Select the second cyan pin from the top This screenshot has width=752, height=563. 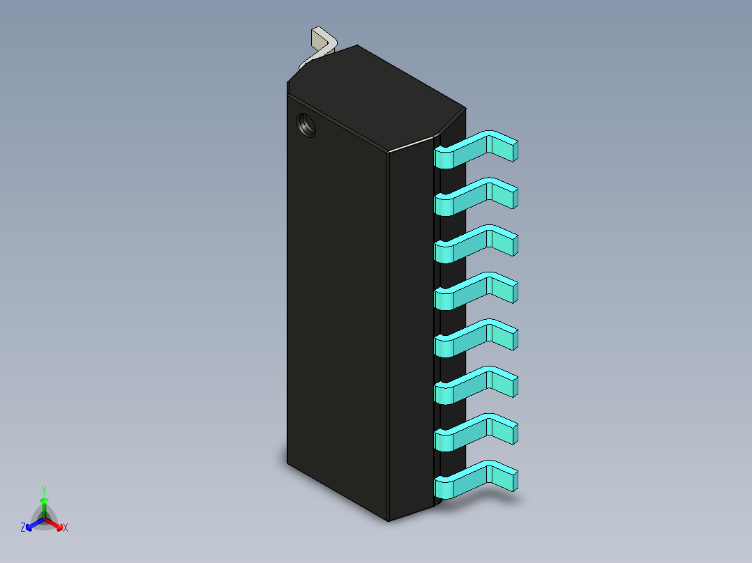point(474,196)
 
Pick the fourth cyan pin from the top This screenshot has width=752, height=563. point(474,290)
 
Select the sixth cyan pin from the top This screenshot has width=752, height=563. point(474,384)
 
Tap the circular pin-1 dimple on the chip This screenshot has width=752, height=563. point(306,125)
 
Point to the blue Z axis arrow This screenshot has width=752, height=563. point(33,524)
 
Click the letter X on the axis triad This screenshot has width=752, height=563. point(66,528)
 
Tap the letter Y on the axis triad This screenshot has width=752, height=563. point(44,490)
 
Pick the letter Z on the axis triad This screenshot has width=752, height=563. point(23,528)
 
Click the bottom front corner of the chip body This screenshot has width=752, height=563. point(389,520)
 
